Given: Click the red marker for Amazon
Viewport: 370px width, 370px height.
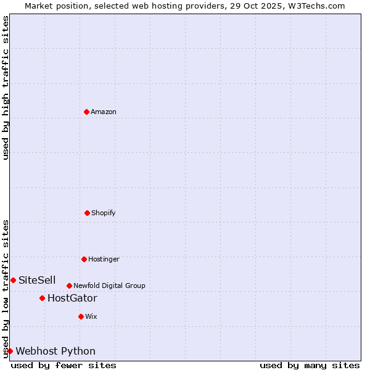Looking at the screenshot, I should (x=86, y=112).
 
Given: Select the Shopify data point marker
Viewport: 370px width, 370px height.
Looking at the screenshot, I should (x=87, y=213).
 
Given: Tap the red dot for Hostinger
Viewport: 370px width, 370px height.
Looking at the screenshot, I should (x=84, y=259).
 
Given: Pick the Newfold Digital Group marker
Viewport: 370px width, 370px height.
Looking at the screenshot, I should (x=69, y=286).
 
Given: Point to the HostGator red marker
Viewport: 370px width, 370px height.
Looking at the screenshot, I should (x=42, y=298).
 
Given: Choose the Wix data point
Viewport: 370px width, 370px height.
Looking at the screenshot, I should (x=81, y=316).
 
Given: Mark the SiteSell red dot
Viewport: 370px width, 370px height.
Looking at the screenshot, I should (x=13, y=280).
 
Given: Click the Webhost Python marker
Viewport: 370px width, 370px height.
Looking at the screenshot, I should (x=10, y=351).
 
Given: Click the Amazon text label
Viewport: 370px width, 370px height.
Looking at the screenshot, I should (x=104, y=112).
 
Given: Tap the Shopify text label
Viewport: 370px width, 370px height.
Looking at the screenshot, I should (x=104, y=213).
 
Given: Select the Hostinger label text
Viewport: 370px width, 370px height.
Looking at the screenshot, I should (x=104, y=259).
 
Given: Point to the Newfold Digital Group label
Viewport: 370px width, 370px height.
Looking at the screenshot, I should (x=109, y=286).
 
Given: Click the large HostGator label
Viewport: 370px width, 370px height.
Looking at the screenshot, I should (x=72, y=298).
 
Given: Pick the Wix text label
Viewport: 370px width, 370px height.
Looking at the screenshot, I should (x=91, y=316).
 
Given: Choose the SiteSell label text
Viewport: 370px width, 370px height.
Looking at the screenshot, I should (x=37, y=280).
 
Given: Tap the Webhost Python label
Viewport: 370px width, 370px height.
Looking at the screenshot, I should (x=55, y=351).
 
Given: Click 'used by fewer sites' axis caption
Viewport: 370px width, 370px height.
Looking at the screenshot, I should (x=64, y=365).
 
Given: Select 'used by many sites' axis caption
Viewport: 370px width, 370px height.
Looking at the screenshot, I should (x=310, y=365).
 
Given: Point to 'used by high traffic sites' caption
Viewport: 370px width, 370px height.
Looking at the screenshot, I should (x=6, y=88).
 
